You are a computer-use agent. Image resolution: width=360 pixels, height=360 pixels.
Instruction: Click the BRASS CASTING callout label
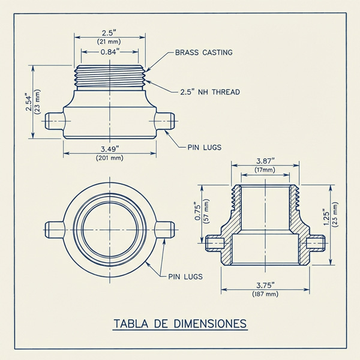click(x=203, y=53)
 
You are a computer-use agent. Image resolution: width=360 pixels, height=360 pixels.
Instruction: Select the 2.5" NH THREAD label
click(x=210, y=92)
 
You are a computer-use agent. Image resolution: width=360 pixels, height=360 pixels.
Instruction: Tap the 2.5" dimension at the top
click(x=109, y=32)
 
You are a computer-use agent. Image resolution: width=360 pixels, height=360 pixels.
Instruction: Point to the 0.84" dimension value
click(x=109, y=52)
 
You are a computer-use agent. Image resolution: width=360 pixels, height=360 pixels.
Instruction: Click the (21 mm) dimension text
click(x=109, y=41)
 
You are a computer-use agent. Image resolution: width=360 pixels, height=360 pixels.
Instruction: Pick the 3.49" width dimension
click(x=109, y=149)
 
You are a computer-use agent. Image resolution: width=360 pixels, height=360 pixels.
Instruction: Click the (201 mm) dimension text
click(x=109, y=158)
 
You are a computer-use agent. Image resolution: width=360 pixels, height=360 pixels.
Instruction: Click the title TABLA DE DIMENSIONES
click(x=180, y=324)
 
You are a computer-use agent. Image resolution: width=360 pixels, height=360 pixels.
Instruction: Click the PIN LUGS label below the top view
click(x=184, y=277)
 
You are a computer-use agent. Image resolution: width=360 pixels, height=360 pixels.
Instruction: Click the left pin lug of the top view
click(x=55, y=229)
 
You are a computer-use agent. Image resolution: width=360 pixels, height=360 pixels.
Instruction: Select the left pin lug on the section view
click(x=214, y=242)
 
